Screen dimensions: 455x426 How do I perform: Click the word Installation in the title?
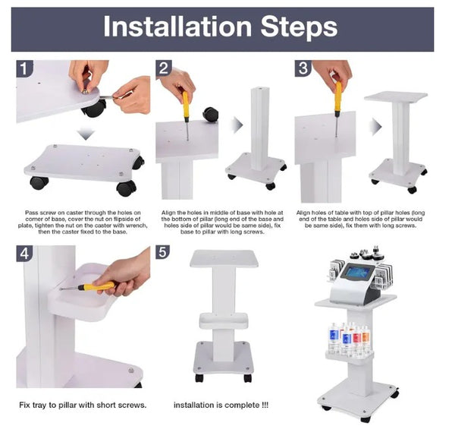177,27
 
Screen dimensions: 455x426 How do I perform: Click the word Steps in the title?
300,28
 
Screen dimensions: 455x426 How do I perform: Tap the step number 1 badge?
24,69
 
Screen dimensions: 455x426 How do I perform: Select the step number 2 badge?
164,68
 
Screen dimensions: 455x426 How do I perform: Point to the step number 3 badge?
303,68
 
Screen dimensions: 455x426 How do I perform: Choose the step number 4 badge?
24,254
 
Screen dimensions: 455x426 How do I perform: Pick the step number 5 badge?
163,252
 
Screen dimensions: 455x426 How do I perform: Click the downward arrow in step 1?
86,134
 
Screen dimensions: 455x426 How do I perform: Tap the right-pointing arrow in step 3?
376,127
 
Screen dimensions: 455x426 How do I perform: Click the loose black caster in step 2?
211,115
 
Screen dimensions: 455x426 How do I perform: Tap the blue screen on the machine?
359,273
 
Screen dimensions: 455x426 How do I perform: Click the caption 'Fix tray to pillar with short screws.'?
83,405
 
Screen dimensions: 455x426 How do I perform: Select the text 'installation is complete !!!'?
221,405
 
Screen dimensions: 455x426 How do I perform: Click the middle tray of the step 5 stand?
224,320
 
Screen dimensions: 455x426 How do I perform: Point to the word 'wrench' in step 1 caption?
138,226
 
